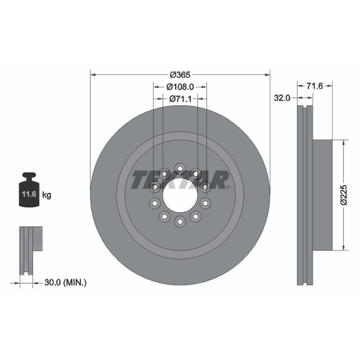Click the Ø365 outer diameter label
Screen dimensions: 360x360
click(180, 75)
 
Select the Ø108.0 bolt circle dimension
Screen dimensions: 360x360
click(180, 87)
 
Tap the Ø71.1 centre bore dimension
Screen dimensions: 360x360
click(180, 99)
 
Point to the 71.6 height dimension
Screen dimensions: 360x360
click(315, 86)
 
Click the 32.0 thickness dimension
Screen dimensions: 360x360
click(282, 98)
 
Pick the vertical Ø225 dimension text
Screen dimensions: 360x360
click(344, 195)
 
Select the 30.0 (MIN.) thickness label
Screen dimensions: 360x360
click(66, 283)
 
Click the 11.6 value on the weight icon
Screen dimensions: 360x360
click(29, 194)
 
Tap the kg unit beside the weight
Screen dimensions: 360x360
click(47, 195)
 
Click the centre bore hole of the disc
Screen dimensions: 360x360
click(180, 195)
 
